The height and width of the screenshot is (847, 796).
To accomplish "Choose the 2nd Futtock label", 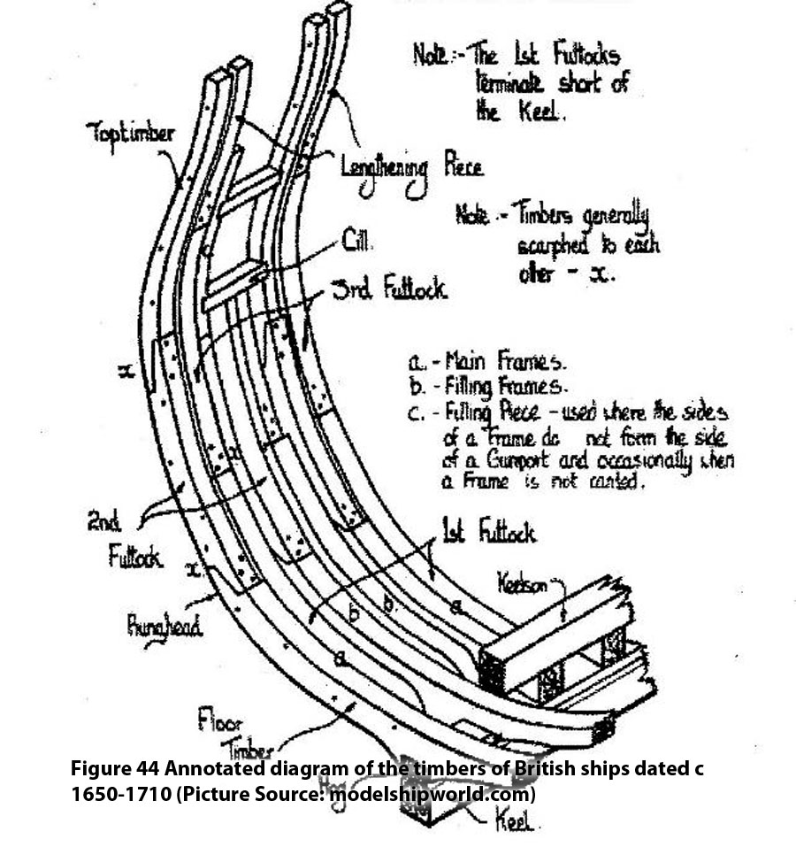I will (133, 539).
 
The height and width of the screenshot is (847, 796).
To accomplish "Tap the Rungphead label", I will (165, 627).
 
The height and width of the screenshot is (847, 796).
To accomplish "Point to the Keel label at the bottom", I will (515, 823).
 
